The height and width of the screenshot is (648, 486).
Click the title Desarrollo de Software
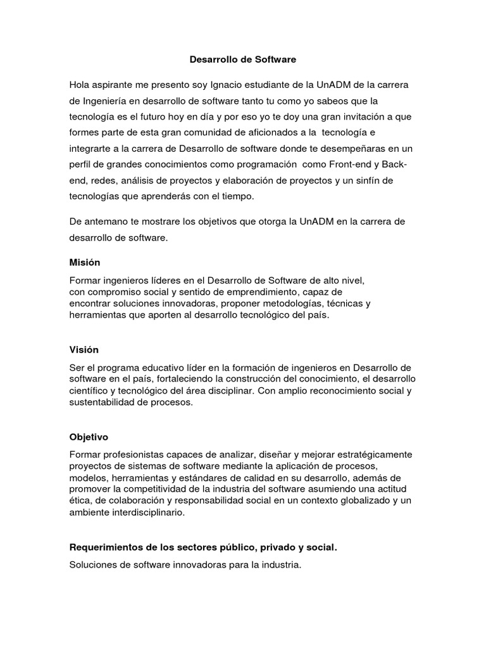243,59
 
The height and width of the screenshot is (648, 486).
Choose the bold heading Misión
84,262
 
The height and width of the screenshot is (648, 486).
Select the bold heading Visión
84,349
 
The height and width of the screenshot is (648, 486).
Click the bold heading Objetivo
89,437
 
